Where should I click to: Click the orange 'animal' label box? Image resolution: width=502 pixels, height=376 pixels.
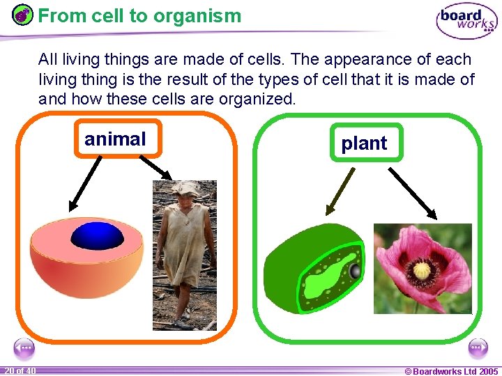116,139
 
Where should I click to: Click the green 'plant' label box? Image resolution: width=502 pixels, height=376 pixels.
364,143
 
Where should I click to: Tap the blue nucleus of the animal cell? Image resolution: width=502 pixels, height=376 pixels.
97,236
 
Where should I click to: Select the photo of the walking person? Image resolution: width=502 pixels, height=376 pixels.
185,254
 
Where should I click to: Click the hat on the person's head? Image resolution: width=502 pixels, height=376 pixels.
186,188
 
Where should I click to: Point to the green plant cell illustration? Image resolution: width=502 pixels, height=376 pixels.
314,268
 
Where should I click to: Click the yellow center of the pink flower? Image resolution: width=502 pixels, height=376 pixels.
423,269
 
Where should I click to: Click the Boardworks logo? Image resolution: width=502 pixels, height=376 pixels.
466,21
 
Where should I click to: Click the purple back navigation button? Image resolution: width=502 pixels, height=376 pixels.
24,347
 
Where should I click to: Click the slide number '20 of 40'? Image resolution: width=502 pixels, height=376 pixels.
20,370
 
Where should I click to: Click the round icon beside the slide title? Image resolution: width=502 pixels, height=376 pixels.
22,15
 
